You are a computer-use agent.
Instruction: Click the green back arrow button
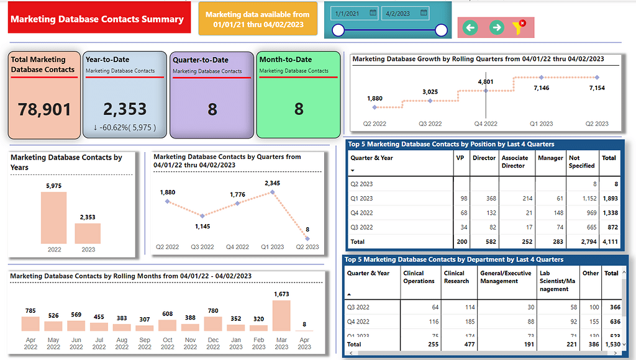pyautogui.click(x=470, y=27)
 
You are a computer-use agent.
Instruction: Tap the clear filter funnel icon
pyautogui.click(x=519, y=27)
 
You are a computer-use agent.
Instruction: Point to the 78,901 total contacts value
pyautogui.click(x=44, y=110)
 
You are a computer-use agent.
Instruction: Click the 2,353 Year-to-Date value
pyautogui.click(x=125, y=109)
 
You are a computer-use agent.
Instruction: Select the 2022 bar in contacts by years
pyautogui.click(x=53, y=218)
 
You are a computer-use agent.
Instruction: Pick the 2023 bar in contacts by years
pyautogui.click(x=88, y=233)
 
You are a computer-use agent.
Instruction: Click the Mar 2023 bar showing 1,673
pyautogui.click(x=281, y=315)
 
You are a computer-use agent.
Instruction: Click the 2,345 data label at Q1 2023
pyautogui.click(x=272, y=183)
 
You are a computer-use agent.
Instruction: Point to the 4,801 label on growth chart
pyautogui.click(x=486, y=82)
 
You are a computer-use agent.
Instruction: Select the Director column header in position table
pyautogui.click(x=484, y=158)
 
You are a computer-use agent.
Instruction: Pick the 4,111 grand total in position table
pyautogui.click(x=609, y=241)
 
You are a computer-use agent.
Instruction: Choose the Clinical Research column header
pyautogui.click(x=457, y=277)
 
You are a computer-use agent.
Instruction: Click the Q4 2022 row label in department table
pyautogui.click(x=360, y=322)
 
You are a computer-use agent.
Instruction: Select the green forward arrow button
pyautogui.click(x=496, y=27)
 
